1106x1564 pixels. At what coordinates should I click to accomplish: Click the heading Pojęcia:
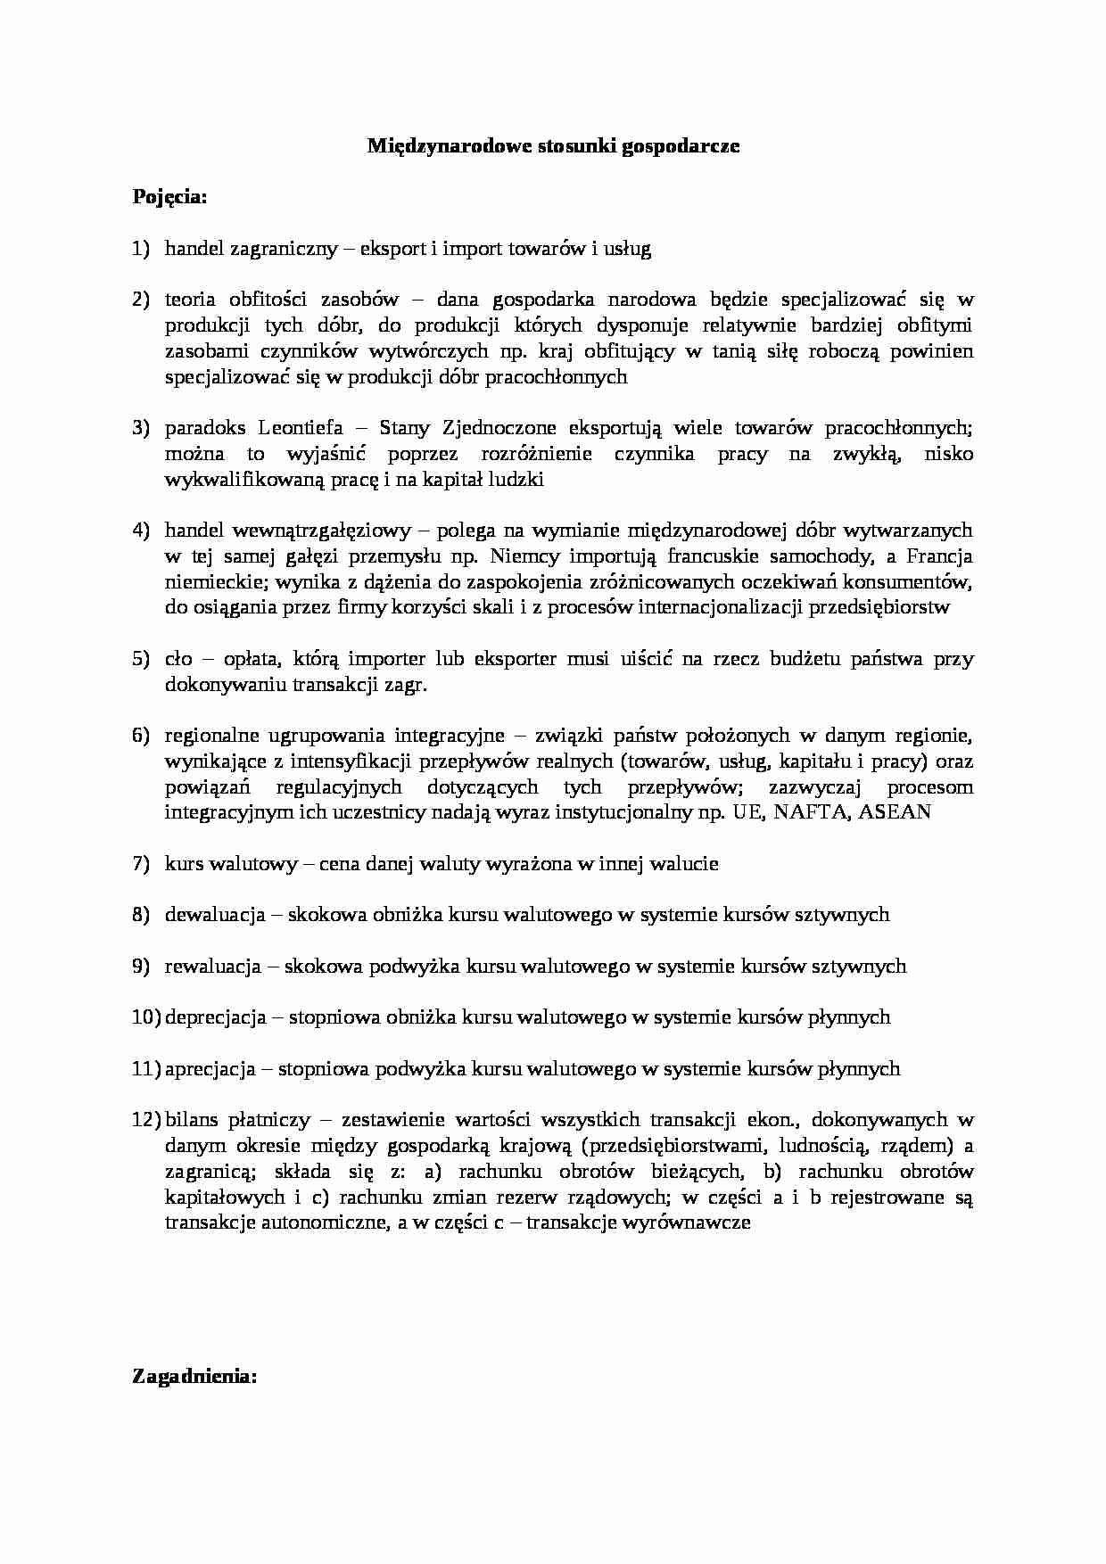coord(169,197)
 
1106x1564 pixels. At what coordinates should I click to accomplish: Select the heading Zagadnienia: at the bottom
coord(194,1377)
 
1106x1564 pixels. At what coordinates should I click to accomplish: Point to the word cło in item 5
coord(177,659)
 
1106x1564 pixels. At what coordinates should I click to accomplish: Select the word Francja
coord(939,556)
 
